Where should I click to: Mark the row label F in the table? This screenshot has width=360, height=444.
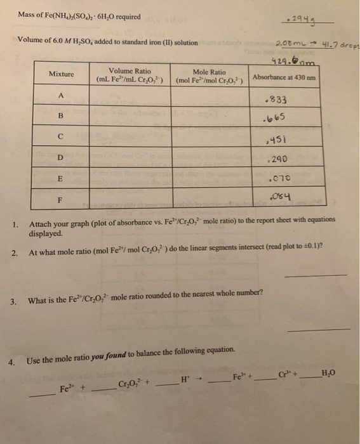(60, 198)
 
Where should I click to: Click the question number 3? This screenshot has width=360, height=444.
(13, 301)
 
